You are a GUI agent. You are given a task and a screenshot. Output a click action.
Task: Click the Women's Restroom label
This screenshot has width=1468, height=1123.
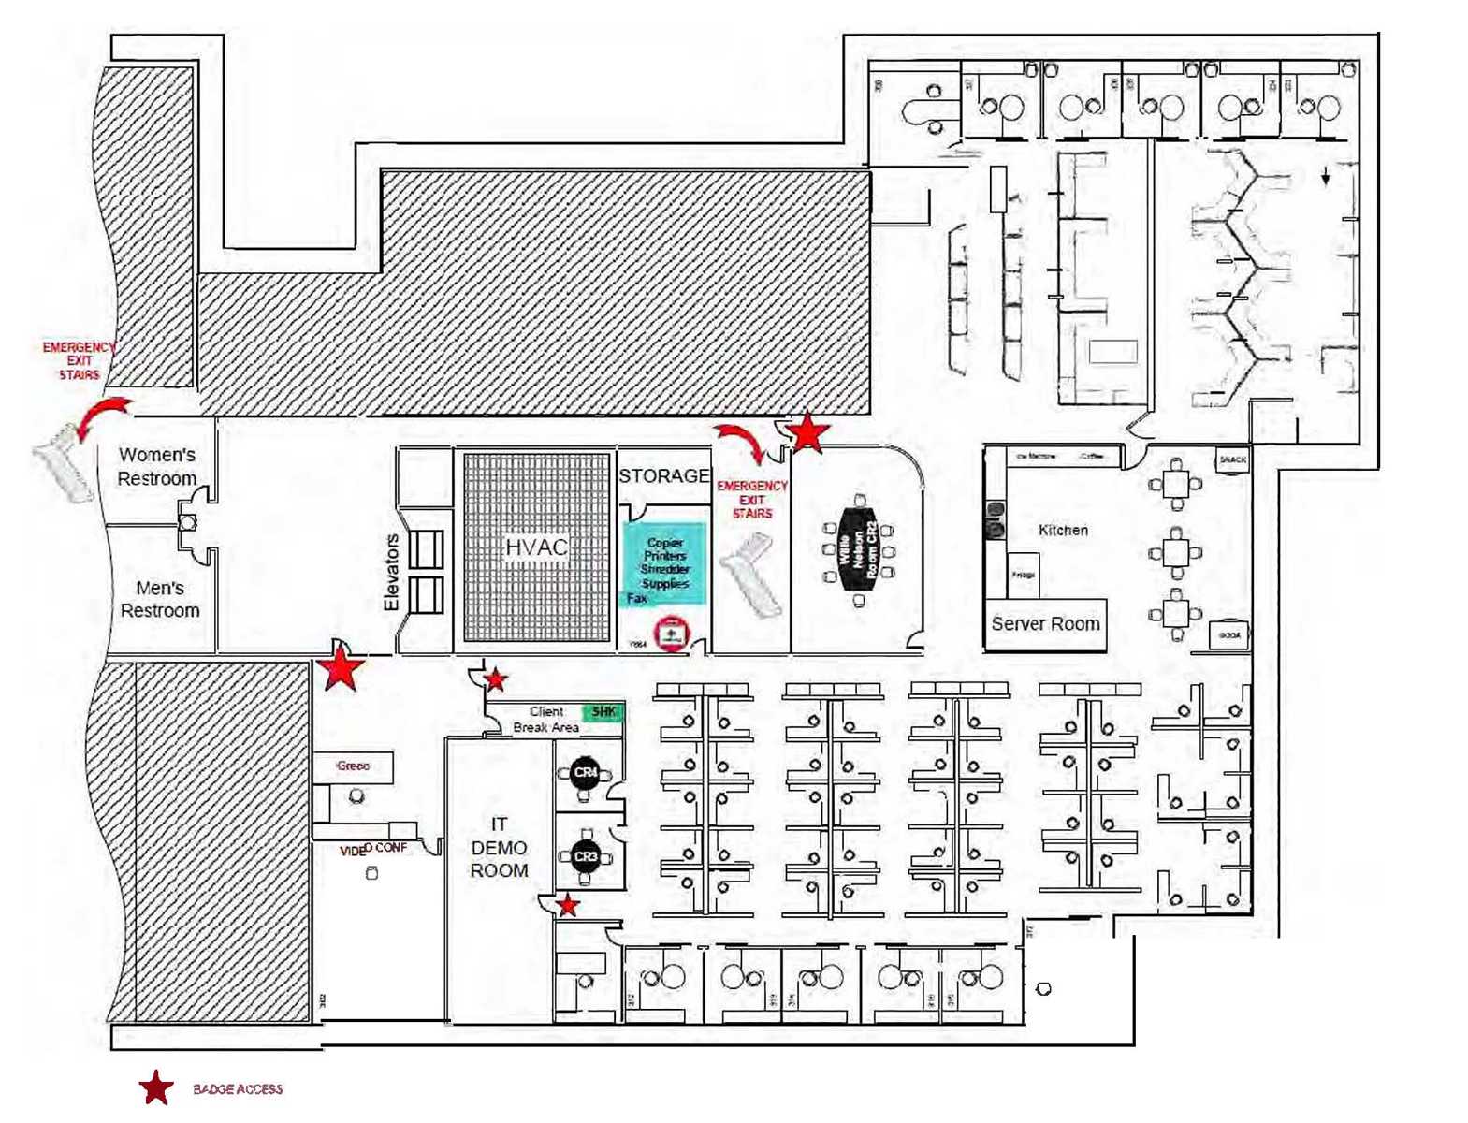coord(156,466)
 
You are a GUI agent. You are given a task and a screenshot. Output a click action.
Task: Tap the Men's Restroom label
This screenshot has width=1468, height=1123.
coord(159,599)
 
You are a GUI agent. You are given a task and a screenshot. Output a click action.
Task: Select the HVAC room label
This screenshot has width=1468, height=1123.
coord(536,547)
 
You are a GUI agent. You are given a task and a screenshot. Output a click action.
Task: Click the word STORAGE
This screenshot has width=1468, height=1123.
coord(663,475)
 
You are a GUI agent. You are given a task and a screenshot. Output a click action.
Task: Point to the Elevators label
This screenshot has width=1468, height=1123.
coord(392,573)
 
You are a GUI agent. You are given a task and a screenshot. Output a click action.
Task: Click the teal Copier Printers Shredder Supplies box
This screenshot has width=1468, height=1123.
coord(665,562)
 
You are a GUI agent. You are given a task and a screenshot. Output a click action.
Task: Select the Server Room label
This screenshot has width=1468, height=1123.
coord(1045,624)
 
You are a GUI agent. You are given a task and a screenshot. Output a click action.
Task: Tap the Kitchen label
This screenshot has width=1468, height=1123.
coord(1063,531)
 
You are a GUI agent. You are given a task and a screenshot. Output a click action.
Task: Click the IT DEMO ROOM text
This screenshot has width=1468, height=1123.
coord(499,847)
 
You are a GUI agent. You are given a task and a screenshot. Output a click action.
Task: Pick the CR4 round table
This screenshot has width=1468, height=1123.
coord(586,773)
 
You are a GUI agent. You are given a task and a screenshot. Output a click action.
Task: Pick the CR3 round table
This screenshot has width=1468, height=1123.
coord(586,856)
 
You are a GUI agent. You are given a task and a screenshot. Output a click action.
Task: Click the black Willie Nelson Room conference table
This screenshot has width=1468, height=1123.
coord(859,549)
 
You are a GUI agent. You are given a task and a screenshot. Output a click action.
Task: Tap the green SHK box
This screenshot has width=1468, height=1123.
coord(603,712)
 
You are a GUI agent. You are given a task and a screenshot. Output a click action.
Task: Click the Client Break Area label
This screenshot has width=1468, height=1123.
coord(545,720)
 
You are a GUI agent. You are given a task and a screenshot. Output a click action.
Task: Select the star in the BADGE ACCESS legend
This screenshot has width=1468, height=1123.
coord(156,1088)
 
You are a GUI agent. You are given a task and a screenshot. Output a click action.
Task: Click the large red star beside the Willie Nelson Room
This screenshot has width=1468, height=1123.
coord(807,433)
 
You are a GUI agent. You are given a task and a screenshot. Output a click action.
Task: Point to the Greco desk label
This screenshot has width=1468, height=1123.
coord(353,766)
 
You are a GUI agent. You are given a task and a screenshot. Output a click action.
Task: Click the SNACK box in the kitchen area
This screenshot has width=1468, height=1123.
coord(1232,459)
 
